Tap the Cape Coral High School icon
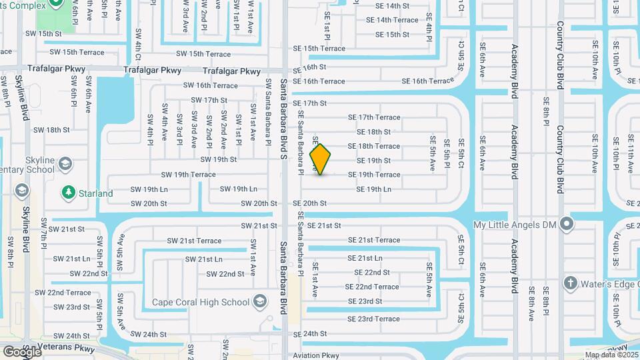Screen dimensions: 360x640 259,302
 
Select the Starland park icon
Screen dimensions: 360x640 68,193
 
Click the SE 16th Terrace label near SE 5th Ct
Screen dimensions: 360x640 431,81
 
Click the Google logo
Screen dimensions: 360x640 22,351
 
